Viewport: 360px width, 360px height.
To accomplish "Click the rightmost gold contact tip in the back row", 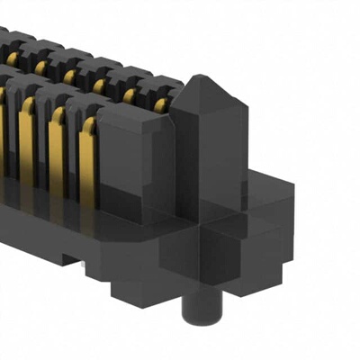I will [159, 106].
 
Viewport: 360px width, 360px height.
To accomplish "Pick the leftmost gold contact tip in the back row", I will [12, 58].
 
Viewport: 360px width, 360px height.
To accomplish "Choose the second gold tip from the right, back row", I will [130, 96].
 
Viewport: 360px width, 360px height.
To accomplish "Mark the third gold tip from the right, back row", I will [99, 86].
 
